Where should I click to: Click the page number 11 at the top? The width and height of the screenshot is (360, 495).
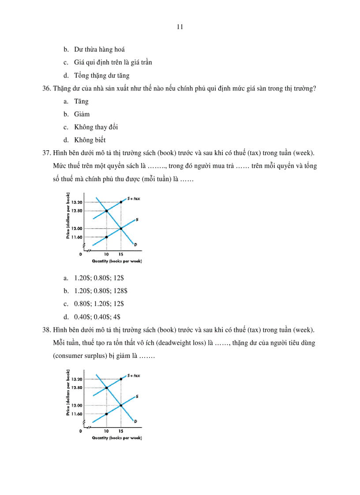point(180,26)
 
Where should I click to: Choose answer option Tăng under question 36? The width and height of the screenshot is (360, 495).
point(81,101)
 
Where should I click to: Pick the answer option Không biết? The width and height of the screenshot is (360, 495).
point(90,140)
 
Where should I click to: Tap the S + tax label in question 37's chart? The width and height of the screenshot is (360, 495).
point(133,199)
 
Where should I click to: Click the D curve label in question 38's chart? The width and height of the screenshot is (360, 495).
point(135,422)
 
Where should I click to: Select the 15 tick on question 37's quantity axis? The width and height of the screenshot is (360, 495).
point(121,254)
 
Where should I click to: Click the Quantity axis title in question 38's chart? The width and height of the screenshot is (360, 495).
point(116,438)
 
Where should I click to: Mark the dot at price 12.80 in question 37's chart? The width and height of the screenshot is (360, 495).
point(106,211)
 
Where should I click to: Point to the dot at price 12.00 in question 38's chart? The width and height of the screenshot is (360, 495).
point(121,405)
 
